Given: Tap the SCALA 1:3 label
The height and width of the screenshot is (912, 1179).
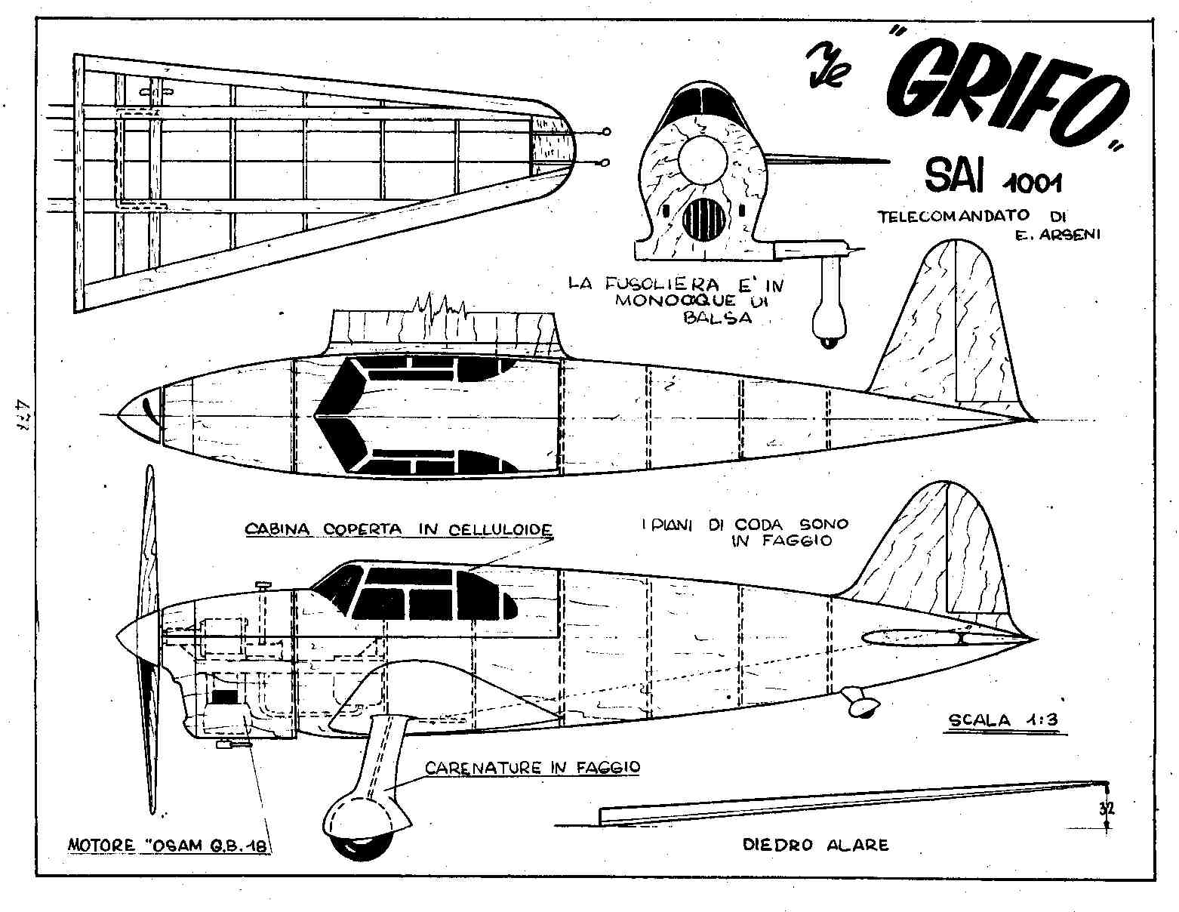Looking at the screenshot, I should click(1003, 719).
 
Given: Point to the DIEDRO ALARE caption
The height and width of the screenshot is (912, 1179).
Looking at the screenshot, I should click(815, 845).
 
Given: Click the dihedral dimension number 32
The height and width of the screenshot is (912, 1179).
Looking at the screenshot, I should click(1107, 809).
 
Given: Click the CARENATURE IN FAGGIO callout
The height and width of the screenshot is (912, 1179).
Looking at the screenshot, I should click(532, 768).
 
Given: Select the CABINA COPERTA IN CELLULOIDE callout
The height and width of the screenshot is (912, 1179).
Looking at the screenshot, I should click(399, 529).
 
